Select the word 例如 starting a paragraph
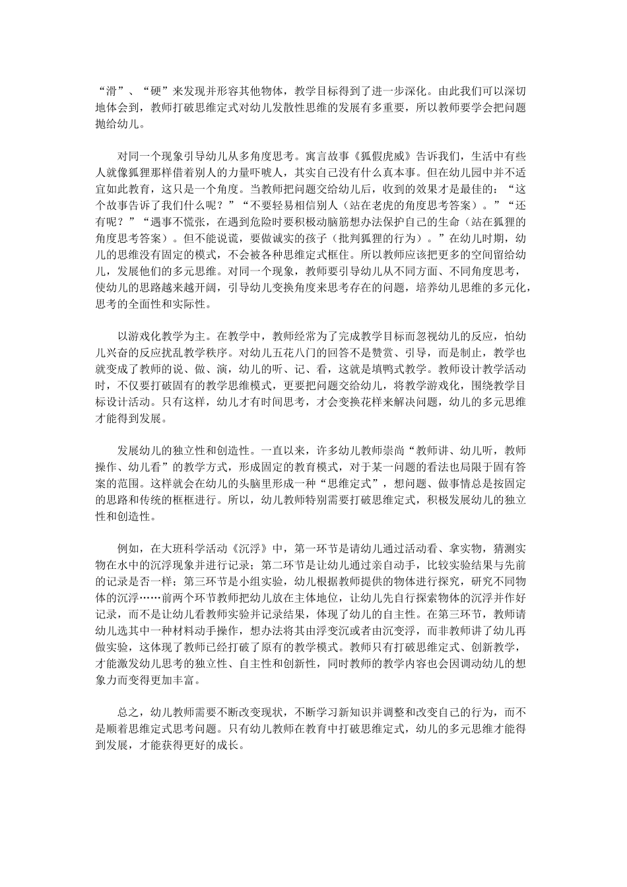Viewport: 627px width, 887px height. tap(126, 548)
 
